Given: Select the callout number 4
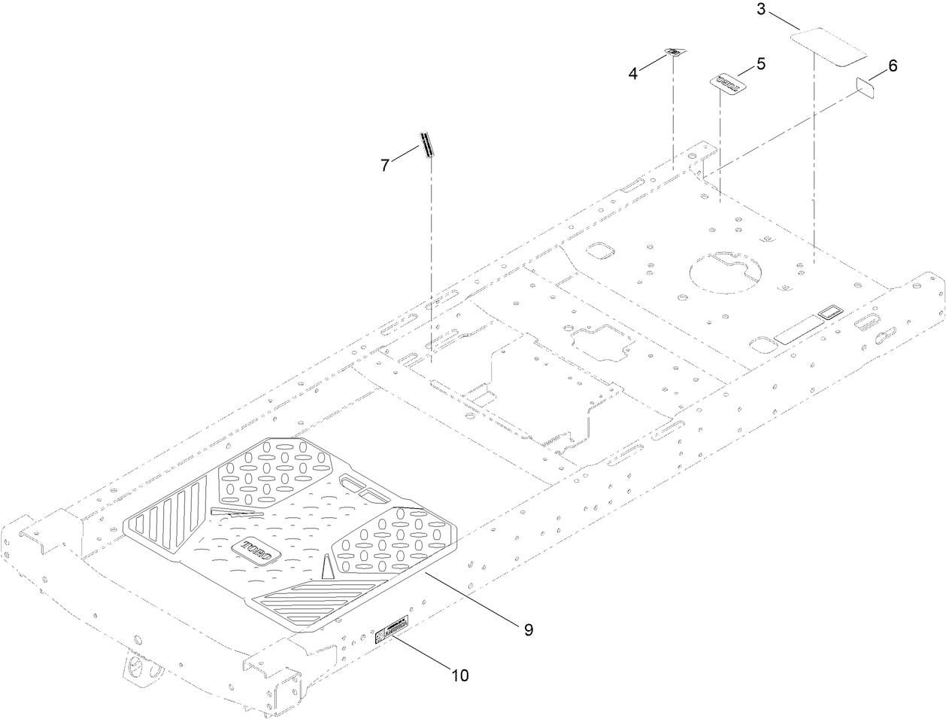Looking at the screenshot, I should [x=633, y=73].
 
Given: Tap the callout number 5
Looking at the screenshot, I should [x=761, y=64].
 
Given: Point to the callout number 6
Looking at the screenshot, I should [x=892, y=66].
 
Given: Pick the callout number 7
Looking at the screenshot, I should [x=385, y=166].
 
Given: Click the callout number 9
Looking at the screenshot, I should [x=529, y=629].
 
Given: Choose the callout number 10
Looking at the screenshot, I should [x=459, y=675].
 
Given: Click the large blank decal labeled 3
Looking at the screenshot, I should [x=831, y=46].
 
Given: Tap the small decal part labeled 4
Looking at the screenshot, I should [x=675, y=52].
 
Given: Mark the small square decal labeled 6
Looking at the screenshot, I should [x=866, y=87].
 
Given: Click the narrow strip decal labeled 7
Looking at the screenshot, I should [x=427, y=145].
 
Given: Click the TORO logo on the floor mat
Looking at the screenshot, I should [x=256, y=550].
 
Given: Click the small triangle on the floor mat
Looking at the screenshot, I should [x=328, y=567].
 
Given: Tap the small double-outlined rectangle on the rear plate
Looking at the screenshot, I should [x=830, y=312].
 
